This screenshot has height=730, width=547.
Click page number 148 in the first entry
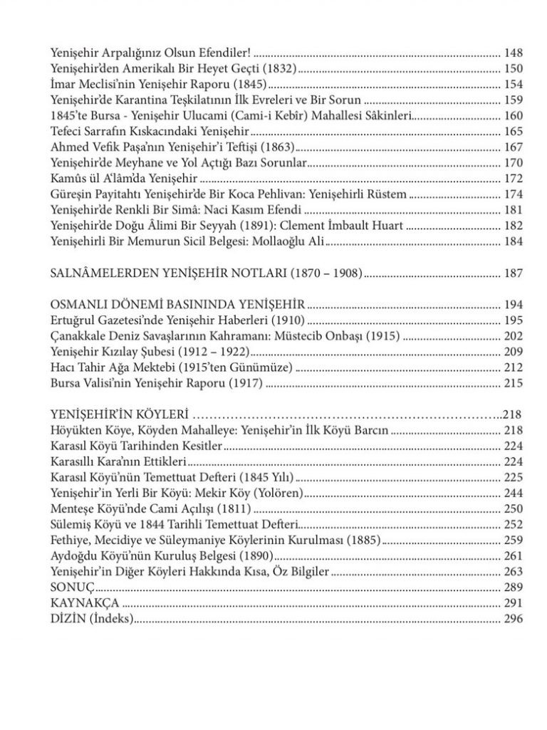click(x=513, y=53)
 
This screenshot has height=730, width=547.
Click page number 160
click(x=513, y=116)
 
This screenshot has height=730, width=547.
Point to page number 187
click(x=513, y=273)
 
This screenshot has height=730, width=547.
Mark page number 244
click(x=513, y=493)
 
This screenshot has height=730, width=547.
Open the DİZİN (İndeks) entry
click(x=93, y=619)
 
